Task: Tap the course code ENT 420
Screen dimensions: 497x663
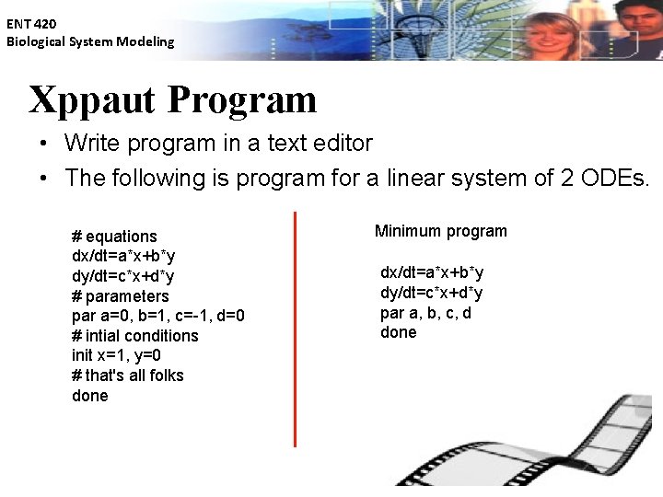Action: pyautogui.click(x=32, y=25)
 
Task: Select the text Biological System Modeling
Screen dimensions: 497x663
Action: pyautogui.click(x=90, y=41)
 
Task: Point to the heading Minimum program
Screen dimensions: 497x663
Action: pyautogui.click(x=440, y=231)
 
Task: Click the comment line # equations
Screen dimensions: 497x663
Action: pyautogui.click(x=114, y=237)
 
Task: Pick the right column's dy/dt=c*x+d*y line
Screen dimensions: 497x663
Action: pyautogui.click(x=432, y=293)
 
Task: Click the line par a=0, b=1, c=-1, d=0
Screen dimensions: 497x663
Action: pyautogui.click(x=157, y=316)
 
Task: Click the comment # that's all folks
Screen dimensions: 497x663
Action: pyautogui.click(x=127, y=376)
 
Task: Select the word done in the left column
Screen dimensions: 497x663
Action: pyautogui.click(x=89, y=396)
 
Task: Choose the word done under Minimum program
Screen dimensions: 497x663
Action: pyautogui.click(x=398, y=332)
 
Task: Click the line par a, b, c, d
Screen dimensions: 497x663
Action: pyautogui.click(x=425, y=313)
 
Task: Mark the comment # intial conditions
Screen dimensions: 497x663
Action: pyautogui.click(x=134, y=336)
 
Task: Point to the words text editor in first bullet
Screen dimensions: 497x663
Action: pyautogui.click(x=320, y=144)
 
